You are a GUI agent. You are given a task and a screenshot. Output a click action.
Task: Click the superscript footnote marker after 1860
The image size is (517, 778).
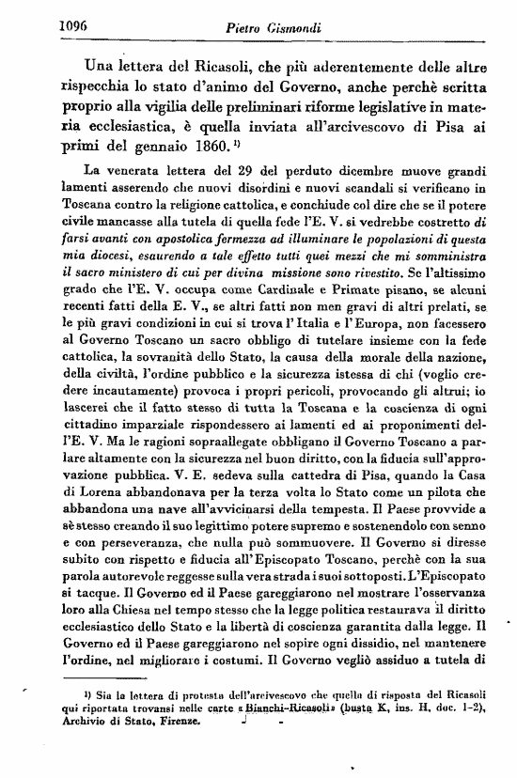(x=237, y=143)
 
